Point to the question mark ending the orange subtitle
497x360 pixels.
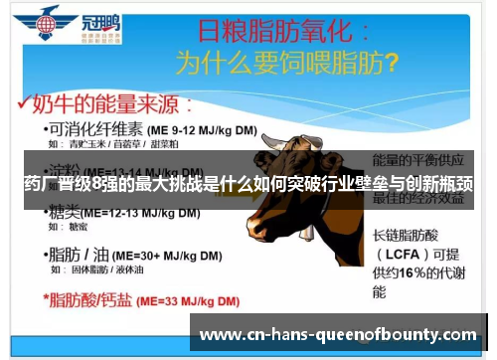(391, 63)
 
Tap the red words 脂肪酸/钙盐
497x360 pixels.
(87, 296)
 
